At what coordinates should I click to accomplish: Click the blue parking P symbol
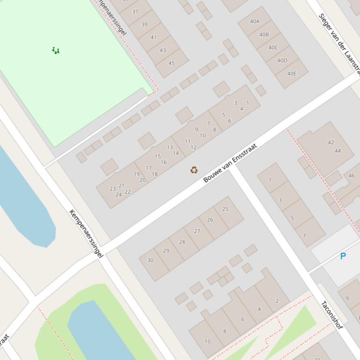coord(343,256)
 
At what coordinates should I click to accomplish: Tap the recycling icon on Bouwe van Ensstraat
coord(194,170)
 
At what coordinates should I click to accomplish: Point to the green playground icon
coord(56,50)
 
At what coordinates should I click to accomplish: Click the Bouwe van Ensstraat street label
coord(230,163)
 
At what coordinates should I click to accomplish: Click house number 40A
coord(255,22)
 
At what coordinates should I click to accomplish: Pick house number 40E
coord(292,73)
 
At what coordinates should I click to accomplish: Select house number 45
coord(171,63)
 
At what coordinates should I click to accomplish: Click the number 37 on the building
coord(135,12)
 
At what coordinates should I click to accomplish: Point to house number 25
coord(225,209)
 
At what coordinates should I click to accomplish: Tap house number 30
coord(150,260)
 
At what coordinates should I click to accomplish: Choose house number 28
coord(182,242)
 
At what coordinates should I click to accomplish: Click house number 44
coord(338,151)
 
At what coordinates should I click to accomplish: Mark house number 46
coord(352,176)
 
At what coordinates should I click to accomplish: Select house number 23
coord(112,189)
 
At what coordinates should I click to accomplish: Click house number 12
coord(193,147)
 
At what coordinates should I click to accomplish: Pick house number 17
coord(148,168)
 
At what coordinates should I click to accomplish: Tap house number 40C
coord(273,47)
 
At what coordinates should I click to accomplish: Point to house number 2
coord(277,301)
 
